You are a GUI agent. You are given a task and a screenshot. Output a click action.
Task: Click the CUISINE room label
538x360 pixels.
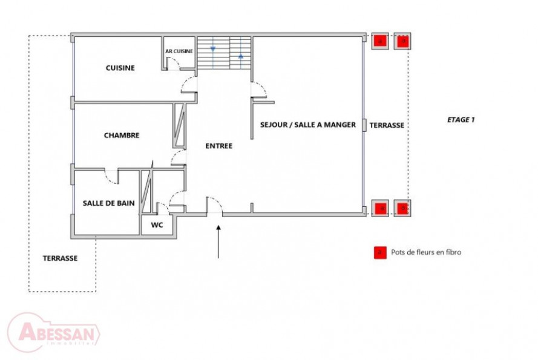point(120,68)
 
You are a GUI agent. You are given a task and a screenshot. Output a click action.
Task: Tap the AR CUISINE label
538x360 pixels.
point(179,51)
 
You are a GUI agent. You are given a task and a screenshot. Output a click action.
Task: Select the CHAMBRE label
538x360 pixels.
point(121,136)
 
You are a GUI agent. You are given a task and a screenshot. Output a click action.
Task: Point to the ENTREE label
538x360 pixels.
point(218,146)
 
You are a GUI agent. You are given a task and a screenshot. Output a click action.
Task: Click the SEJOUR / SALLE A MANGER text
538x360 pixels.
point(307,125)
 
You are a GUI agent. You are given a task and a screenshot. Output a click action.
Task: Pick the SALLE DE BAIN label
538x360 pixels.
point(108,203)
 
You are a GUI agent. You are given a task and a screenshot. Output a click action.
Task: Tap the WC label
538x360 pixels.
point(157,225)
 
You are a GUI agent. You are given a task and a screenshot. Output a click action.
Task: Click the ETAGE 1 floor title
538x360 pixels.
point(461,120)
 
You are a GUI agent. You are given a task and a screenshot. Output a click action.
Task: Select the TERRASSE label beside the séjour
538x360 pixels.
point(387,125)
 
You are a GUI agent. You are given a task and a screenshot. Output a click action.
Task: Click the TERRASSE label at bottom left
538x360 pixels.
point(60,258)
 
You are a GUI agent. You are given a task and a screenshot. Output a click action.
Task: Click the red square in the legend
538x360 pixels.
point(379,252)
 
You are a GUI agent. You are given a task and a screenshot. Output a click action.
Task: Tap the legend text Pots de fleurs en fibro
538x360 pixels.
point(426,252)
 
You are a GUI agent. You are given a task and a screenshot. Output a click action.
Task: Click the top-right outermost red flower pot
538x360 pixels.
point(404,41)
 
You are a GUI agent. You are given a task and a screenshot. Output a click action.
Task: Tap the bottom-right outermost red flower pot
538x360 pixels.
point(403,208)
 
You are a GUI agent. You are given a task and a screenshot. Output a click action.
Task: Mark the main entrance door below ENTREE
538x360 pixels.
point(214,206)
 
